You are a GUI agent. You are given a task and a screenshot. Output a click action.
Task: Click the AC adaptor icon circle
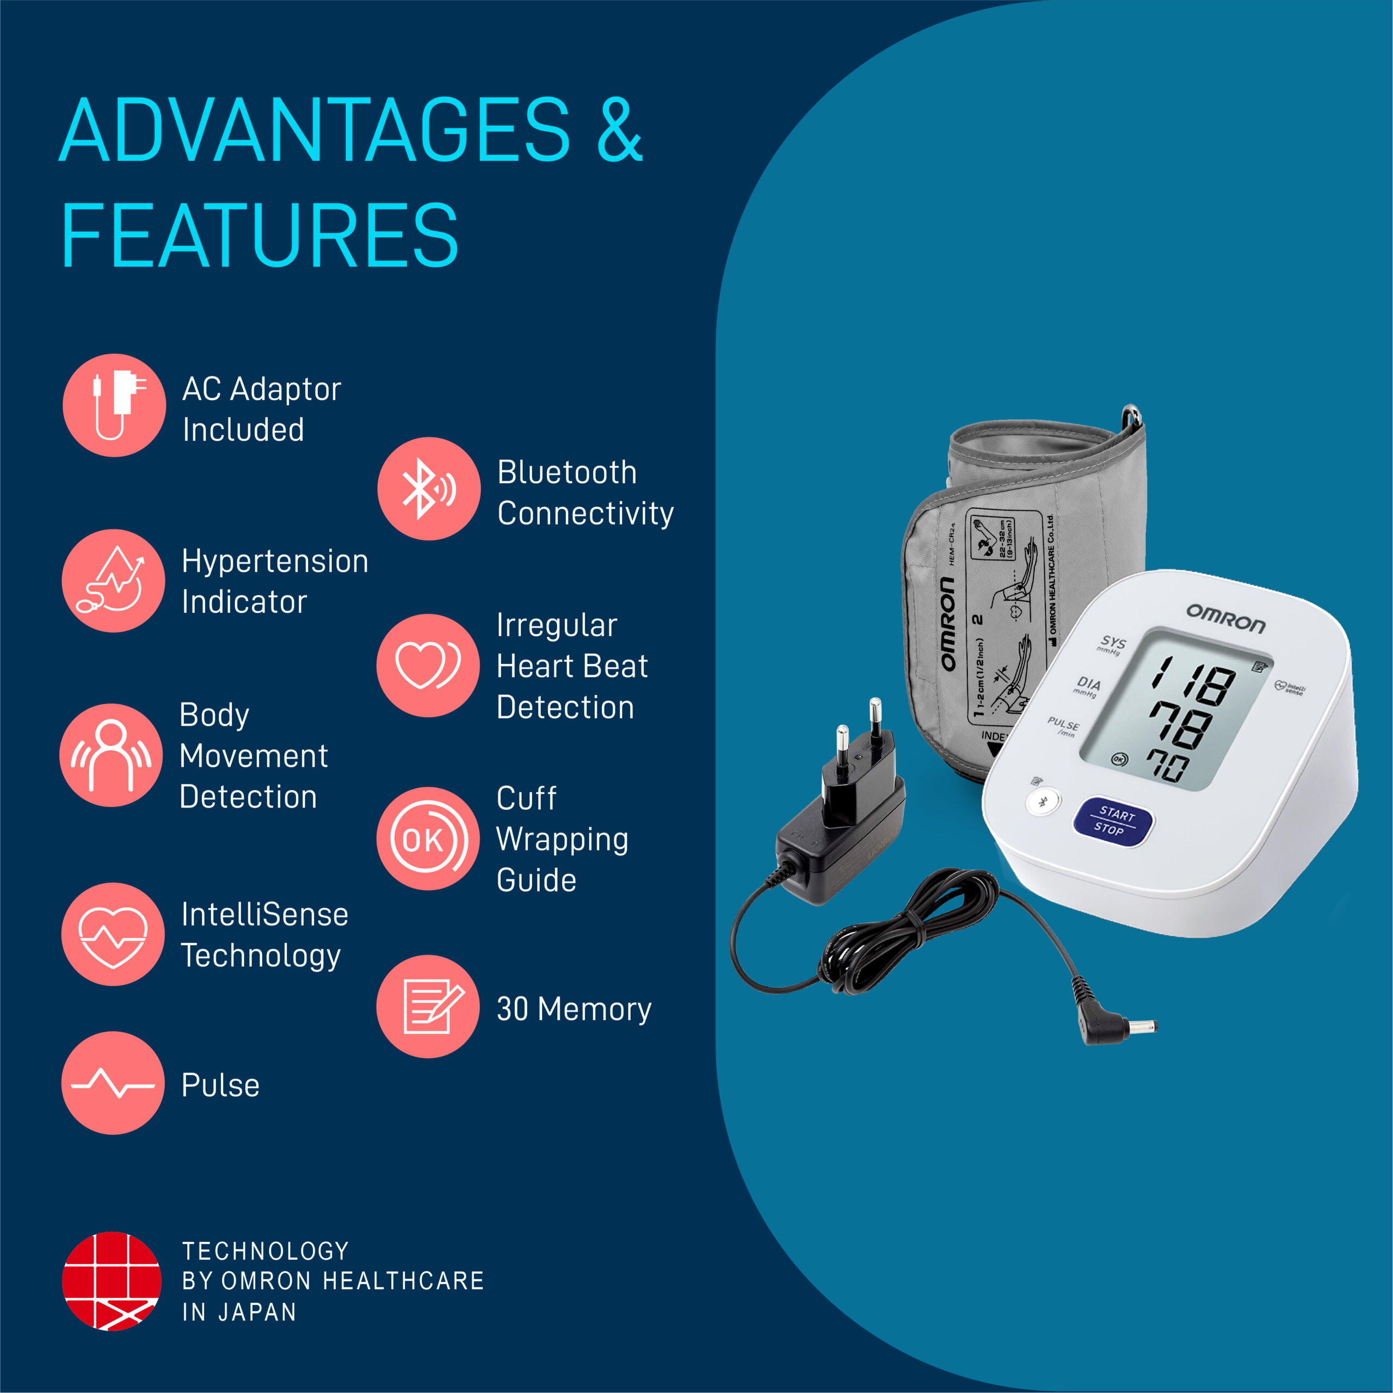click(114, 405)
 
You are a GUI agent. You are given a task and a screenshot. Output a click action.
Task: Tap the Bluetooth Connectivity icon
click(429, 489)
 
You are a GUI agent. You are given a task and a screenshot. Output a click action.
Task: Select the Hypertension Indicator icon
click(113, 581)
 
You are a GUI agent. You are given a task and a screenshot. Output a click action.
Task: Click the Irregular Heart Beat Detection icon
click(428, 665)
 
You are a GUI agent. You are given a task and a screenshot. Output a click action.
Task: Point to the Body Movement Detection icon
click(111, 755)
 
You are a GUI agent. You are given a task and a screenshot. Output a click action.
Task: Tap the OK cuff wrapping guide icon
click(428, 839)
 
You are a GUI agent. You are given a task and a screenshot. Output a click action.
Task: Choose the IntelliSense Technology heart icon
click(113, 934)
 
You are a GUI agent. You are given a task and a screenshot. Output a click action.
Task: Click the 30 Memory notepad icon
click(428, 1007)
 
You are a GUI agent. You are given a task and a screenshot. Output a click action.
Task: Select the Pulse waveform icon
click(113, 1083)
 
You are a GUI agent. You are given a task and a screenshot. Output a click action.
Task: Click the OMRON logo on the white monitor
click(1226, 619)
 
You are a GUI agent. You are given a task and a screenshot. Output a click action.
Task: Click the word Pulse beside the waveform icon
click(220, 1085)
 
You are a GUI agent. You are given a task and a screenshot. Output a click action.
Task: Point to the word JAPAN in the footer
click(257, 1312)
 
